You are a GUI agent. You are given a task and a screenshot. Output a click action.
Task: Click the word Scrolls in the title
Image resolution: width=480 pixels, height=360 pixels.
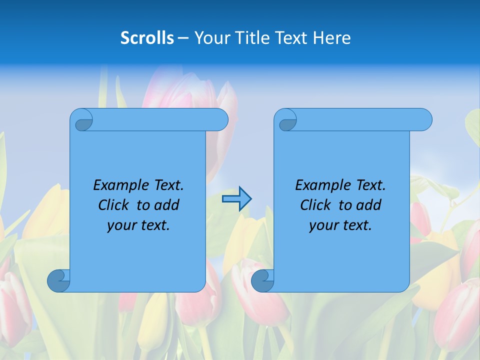(x=147, y=38)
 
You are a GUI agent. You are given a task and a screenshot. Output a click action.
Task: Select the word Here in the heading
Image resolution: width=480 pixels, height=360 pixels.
(x=332, y=38)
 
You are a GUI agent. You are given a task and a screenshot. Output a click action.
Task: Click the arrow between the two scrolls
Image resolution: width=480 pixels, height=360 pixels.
(x=236, y=199)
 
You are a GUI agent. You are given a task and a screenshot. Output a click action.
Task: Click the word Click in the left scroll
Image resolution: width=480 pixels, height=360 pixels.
(x=114, y=205)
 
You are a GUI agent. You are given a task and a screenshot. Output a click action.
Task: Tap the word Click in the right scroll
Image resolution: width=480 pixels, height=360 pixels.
(x=316, y=205)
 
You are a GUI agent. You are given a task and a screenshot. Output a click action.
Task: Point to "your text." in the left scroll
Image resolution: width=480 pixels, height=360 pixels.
(x=138, y=225)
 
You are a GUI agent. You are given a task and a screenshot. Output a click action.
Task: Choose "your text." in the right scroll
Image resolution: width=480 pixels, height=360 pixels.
(x=340, y=225)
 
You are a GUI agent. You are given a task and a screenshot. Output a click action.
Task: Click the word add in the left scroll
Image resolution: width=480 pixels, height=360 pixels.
(x=166, y=205)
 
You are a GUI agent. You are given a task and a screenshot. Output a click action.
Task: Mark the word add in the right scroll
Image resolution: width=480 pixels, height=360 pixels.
(x=368, y=205)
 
